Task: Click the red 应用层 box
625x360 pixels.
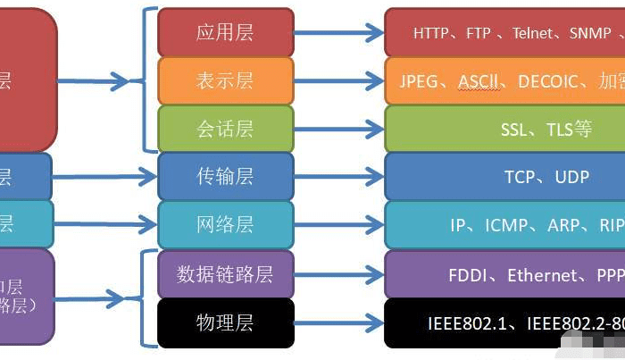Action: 225,32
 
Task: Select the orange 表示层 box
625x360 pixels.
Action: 225,80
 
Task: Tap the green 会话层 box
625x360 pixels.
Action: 225,129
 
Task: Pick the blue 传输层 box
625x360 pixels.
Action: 225,176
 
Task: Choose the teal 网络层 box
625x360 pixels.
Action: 225,224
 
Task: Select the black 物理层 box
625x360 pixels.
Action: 225,322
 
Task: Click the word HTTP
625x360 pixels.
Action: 431,33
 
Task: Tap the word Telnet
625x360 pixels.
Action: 533,33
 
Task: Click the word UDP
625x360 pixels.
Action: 571,177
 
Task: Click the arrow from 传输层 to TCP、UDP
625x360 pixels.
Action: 338,177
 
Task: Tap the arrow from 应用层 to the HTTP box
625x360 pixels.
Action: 338,33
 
